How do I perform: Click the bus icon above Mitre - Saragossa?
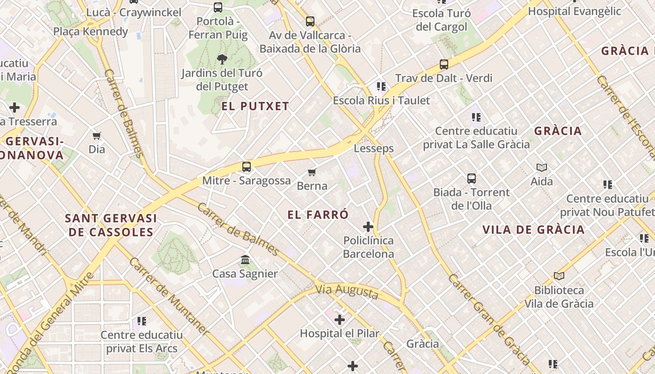pos(247,166)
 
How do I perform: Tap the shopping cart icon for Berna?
pos(312,172)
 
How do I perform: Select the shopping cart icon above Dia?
pos(97,136)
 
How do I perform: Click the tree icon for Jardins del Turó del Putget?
pos(222,59)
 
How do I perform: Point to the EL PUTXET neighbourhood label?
pos(255,106)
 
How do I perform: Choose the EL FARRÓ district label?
pos(318,215)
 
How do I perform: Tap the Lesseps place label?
pos(374,148)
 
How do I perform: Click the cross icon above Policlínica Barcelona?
pos(368,227)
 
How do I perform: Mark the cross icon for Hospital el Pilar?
pos(340,320)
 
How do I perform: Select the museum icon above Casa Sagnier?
pos(245,259)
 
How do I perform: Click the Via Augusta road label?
pos(347,291)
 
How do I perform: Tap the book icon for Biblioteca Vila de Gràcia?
pos(559,276)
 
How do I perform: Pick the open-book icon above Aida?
pos(542,167)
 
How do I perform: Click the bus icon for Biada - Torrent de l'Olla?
pos(471,178)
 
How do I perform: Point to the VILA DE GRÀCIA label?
pos(533,230)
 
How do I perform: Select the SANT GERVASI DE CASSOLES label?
pos(111,225)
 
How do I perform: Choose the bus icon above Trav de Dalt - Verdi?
pos(444,65)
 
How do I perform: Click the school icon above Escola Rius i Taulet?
pos(381,86)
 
